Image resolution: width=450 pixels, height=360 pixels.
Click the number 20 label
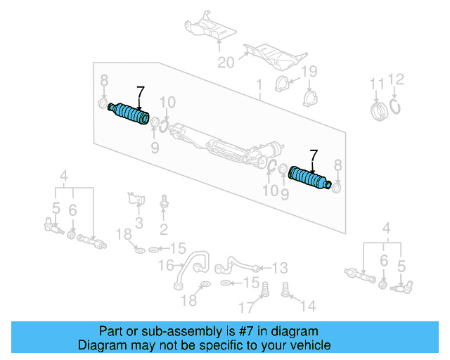click(x=226, y=63)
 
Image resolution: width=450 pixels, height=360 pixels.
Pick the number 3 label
click(x=139, y=223)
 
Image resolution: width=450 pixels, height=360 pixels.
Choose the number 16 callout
click(x=166, y=265)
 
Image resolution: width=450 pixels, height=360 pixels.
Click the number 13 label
click(x=280, y=267)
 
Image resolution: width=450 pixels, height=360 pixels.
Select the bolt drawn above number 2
click(x=164, y=202)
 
